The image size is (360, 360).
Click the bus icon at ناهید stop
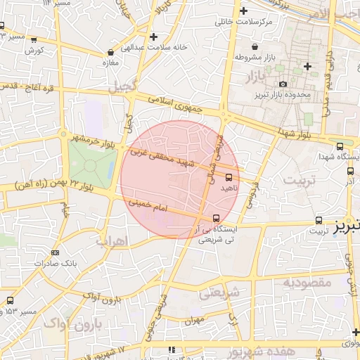click(229, 177)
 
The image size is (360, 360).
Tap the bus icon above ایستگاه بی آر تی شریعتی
click(216, 218)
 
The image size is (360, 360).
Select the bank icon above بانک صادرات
click(56, 252)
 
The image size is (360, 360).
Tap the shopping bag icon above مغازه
click(110, 52)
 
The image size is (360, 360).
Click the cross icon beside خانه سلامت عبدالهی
click(153, 36)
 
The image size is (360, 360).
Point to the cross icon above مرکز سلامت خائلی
click(243, 11)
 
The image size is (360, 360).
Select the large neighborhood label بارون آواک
click(73, 324)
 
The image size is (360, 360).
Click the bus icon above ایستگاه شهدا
click(340, 146)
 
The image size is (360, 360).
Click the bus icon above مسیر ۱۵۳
click(10, 300)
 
